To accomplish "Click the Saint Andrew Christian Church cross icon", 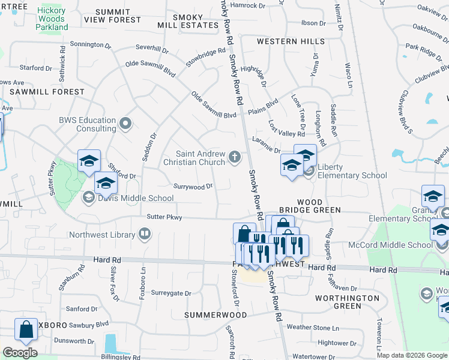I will (235, 158).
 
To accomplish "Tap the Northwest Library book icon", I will (145, 234).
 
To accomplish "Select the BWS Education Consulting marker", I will (125, 124).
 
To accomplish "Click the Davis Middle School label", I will (136, 198).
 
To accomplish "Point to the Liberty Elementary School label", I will (352, 171).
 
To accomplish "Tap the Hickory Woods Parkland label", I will (52, 19).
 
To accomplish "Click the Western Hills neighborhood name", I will (291, 41).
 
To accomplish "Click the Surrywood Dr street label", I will (193, 187).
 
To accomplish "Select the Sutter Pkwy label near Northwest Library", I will (164, 217).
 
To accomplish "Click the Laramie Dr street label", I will (267, 147).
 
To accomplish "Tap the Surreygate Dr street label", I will (171, 293).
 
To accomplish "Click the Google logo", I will (20, 353).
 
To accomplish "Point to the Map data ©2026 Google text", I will (411, 355).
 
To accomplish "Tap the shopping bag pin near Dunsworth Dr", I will (26, 329).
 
